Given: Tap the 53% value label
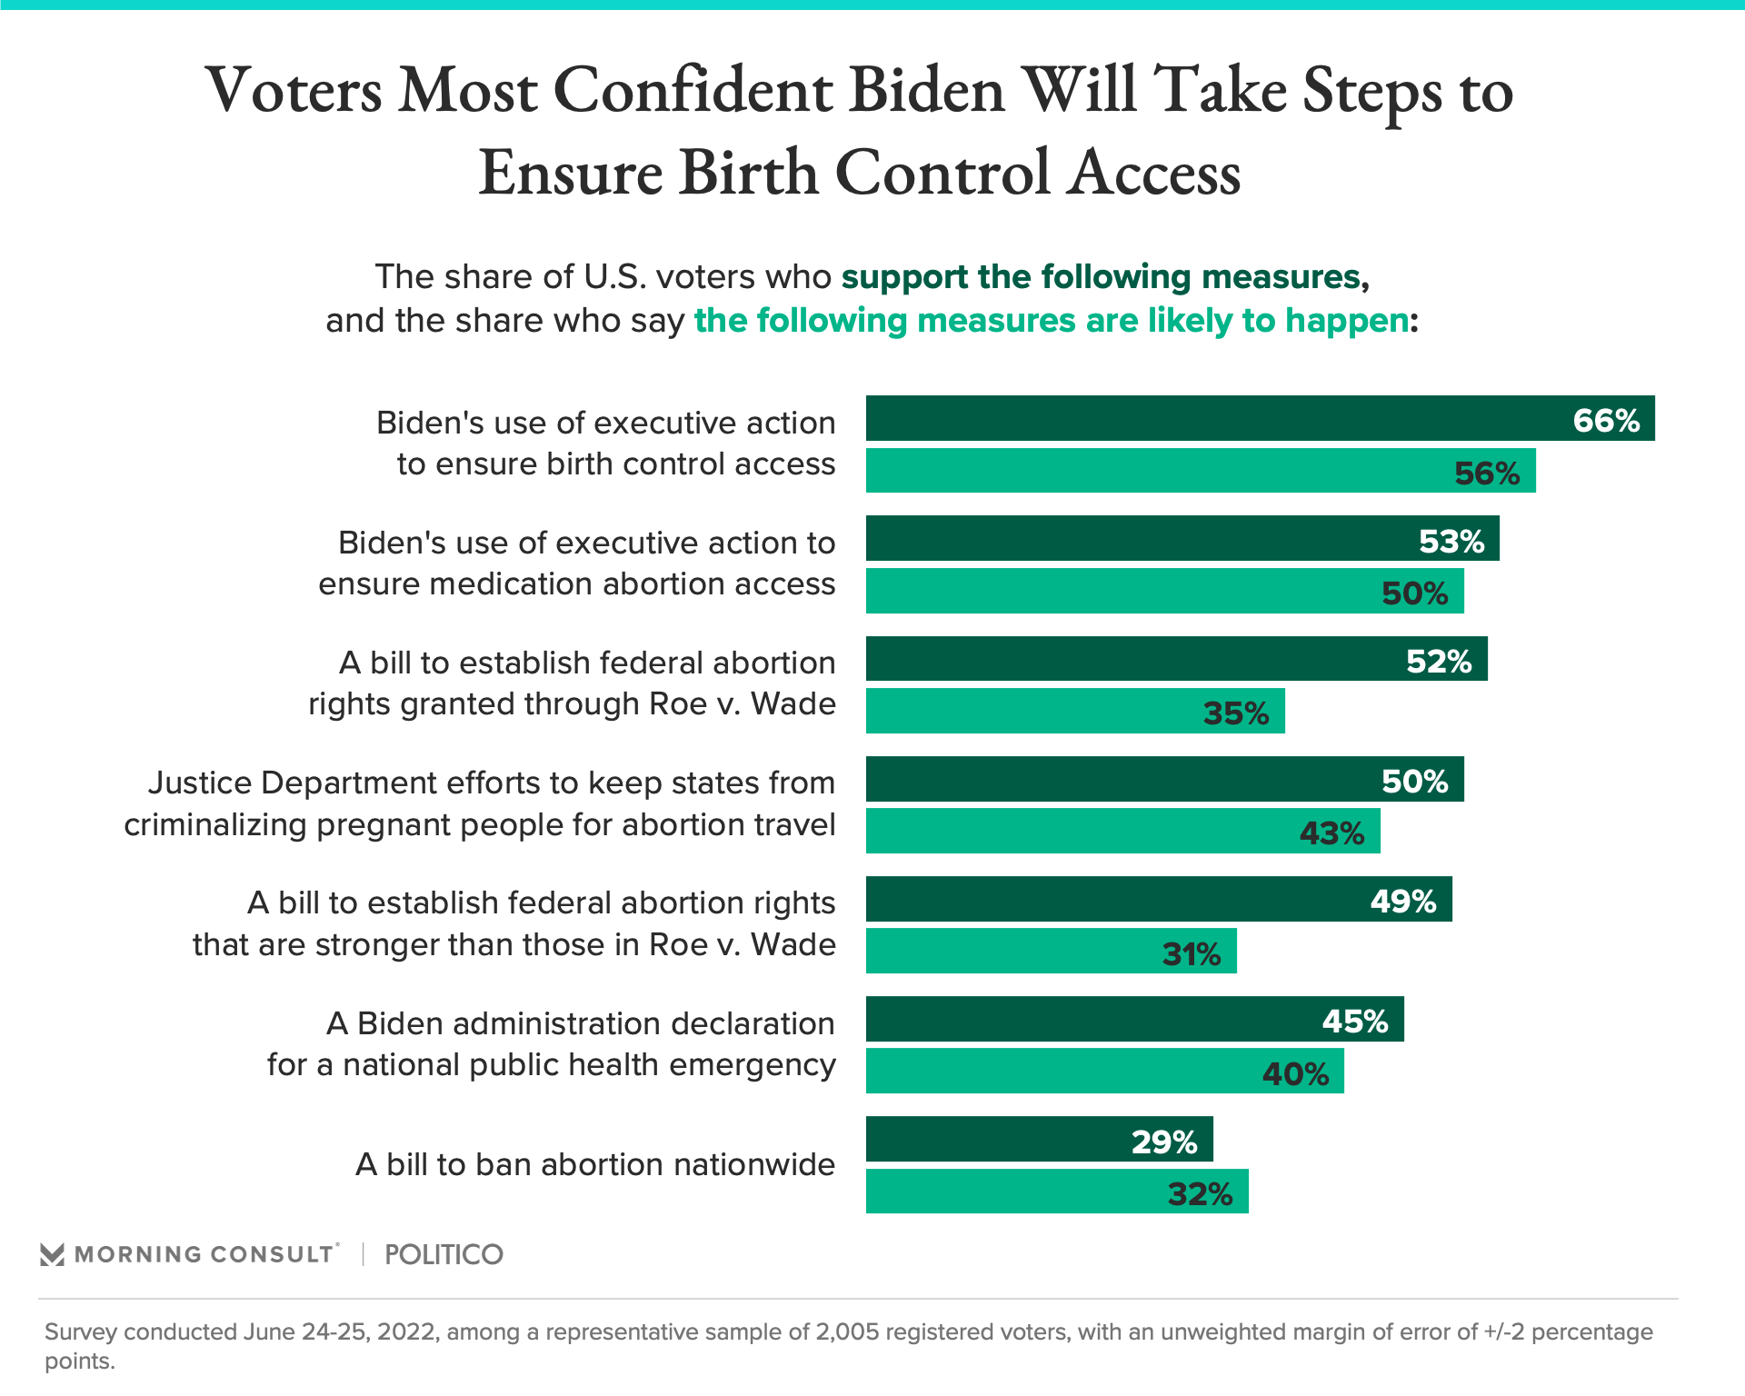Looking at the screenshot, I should (1451, 542).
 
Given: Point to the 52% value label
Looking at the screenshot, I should (1439, 662).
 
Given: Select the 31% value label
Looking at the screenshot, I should (1192, 954).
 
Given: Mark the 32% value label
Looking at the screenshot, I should (1200, 1194).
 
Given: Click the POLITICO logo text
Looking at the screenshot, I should (444, 1255).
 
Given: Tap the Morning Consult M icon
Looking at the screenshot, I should (52, 1255).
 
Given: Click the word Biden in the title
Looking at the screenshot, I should (926, 91).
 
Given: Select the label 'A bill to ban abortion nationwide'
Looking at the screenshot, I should (595, 1165).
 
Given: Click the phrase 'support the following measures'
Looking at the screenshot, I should (1101, 277).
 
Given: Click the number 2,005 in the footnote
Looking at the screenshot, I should (846, 1332).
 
